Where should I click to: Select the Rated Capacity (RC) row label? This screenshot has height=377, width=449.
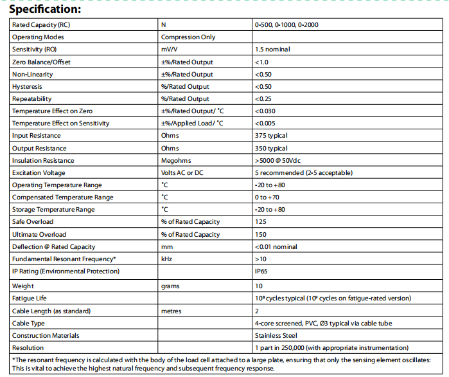[41, 25]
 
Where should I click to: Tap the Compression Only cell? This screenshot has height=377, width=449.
[188, 37]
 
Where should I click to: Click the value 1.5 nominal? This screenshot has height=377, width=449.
[272, 50]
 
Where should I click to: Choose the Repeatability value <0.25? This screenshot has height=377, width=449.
[263, 99]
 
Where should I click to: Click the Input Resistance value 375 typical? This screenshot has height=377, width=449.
[271, 136]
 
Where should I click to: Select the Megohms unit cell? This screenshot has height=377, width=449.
[175, 161]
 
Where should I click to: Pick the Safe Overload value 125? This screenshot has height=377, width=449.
[261, 222]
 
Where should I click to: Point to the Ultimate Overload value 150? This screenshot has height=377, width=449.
[261, 235]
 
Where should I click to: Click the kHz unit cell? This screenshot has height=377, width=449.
[167, 259]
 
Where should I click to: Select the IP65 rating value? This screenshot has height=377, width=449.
[262, 271]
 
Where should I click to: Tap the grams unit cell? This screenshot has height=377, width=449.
[171, 286]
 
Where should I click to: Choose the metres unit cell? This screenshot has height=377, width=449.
[172, 311]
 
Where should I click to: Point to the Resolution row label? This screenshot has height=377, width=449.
[30, 348]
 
